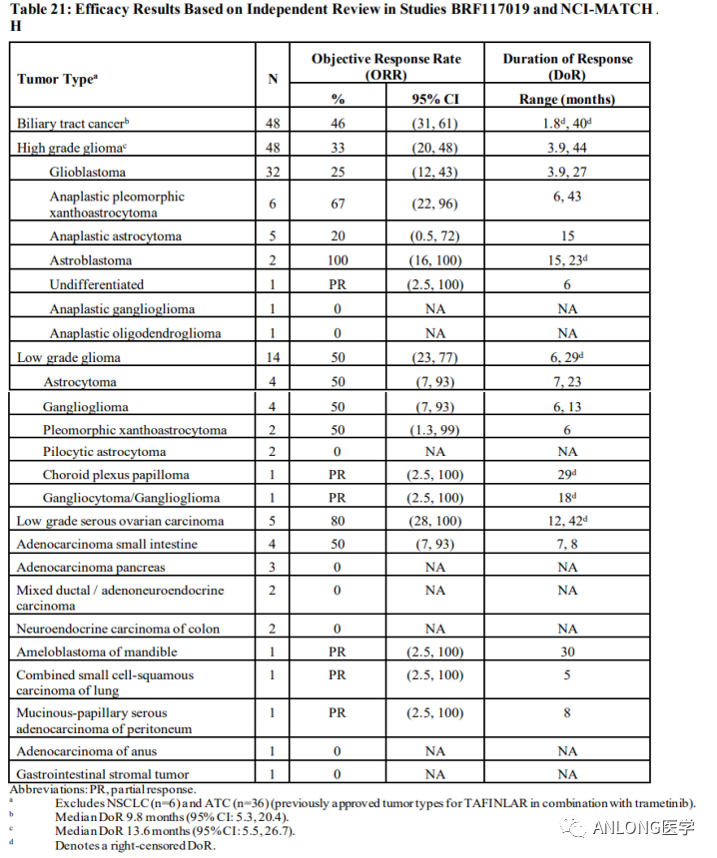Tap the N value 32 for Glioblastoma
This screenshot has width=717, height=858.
click(x=273, y=172)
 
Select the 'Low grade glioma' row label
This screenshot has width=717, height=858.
click(x=69, y=357)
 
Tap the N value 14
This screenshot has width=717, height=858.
click(x=273, y=357)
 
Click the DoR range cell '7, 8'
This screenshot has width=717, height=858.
click(x=567, y=544)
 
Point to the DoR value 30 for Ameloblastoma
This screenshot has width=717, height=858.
click(x=567, y=651)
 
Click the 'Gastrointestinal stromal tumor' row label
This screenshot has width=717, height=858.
click(x=103, y=774)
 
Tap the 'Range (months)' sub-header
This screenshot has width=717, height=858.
click(x=567, y=99)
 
